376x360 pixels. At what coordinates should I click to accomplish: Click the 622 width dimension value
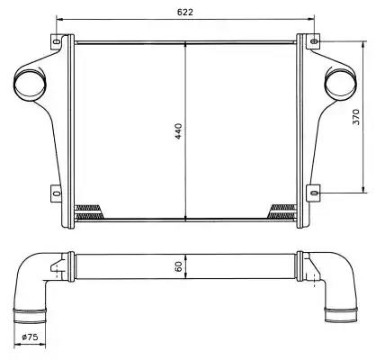(185, 12)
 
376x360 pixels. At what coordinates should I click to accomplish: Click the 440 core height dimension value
(179, 131)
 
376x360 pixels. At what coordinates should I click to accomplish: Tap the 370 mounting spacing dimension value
(355, 117)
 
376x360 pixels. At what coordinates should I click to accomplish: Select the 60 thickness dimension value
(179, 266)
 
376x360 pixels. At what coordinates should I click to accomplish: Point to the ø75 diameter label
(31, 337)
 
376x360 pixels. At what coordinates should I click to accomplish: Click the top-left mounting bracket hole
(56, 41)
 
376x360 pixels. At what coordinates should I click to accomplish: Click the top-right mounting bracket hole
(314, 41)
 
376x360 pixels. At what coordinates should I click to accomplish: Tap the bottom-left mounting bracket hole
(57, 193)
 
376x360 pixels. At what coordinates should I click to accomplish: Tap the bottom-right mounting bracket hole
(314, 193)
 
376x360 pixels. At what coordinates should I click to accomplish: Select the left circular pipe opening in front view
(30, 84)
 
